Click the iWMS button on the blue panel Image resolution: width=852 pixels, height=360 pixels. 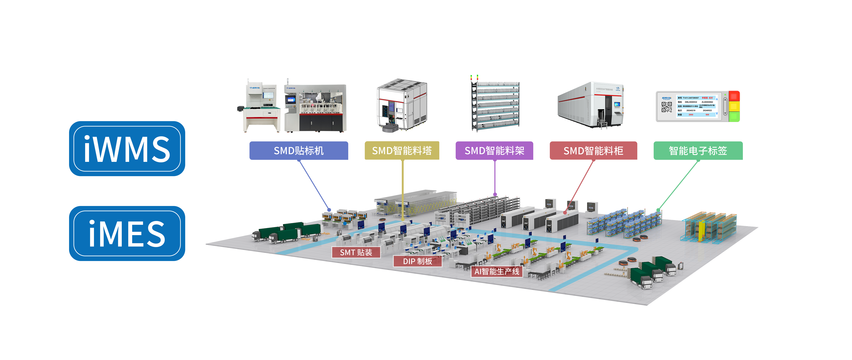pyautogui.click(x=127, y=149)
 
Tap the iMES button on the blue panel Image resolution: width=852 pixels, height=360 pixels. pyautogui.click(x=127, y=233)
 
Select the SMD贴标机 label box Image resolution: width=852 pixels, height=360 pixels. pyautogui.click(x=299, y=151)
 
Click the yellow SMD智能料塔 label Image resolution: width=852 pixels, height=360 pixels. pyautogui.click(x=402, y=151)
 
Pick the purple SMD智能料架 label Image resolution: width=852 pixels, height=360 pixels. pyautogui.click(x=494, y=151)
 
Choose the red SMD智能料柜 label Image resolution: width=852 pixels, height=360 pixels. pyautogui.click(x=593, y=151)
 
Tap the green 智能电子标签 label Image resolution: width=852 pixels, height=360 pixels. pyautogui.click(x=698, y=151)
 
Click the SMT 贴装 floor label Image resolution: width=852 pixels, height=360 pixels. pyautogui.click(x=356, y=252)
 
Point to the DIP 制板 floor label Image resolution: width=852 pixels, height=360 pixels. pyautogui.click(x=417, y=261)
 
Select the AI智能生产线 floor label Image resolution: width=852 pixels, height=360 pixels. pyautogui.click(x=497, y=271)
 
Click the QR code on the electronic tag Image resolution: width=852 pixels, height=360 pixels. pyautogui.click(x=666, y=107)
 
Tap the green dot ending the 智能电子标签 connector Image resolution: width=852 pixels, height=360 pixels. pyautogui.click(x=658, y=210)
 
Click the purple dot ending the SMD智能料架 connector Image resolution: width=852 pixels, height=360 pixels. pyautogui.click(x=495, y=194)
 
